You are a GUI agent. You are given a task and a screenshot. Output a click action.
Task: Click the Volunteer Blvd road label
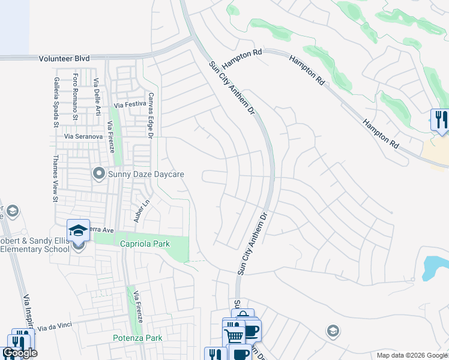pyautogui.click(x=64, y=58)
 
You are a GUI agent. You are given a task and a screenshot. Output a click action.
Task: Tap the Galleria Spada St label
pyautogui.click(x=56, y=102)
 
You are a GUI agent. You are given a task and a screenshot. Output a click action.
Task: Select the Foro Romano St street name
pyautogui.click(x=76, y=97)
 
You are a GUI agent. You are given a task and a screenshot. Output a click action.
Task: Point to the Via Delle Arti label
pyautogui.click(x=97, y=97)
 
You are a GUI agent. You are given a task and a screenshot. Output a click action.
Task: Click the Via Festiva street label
pyautogui.click(x=129, y=105)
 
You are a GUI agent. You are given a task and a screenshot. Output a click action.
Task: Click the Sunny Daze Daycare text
pyautogui.click(x=145, y=175)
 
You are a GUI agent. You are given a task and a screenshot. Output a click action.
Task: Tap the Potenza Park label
pyautogui.click(x=137, y=338)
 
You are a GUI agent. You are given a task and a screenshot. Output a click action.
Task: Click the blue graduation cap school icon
pyautogui.click(x=78, y=230)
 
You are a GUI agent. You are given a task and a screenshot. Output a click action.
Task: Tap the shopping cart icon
pyautogui.click(x=234, y=334)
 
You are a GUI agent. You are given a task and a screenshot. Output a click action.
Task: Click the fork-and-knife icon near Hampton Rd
pyautogui.click(x=441, y=119)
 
